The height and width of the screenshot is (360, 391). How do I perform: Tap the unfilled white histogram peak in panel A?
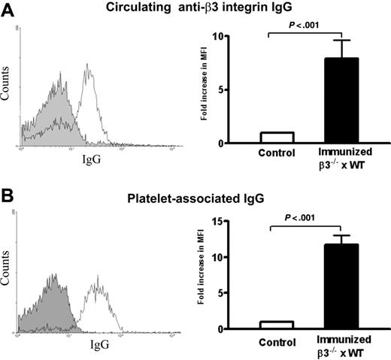(89, 68)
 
